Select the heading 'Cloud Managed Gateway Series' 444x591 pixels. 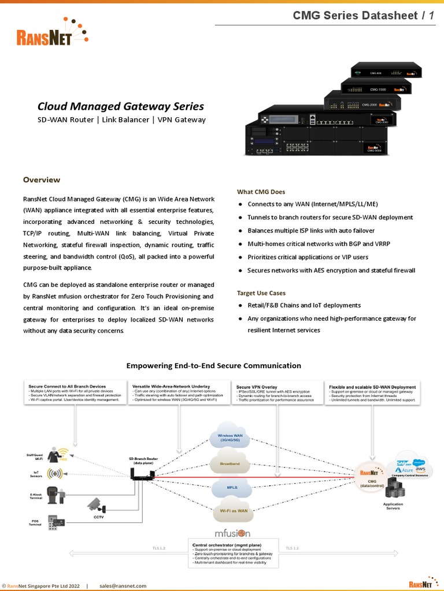click(120, 106)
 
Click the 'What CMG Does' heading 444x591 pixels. click(261, 192)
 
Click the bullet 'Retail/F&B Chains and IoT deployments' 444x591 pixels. click(304, 305)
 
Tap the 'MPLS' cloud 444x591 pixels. click(232, 487)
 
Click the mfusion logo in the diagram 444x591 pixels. click(232, 533)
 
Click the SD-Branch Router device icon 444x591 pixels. click(141, 474)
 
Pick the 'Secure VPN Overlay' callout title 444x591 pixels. click(257, 387)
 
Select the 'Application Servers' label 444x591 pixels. click(393, 506)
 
